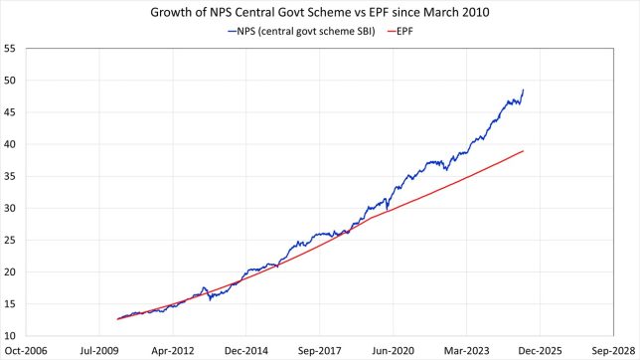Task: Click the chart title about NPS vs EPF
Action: [321, 13]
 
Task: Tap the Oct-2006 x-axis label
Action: [26, 351]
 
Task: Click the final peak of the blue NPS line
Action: [524, 90]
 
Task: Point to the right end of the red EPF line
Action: [524, 151]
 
